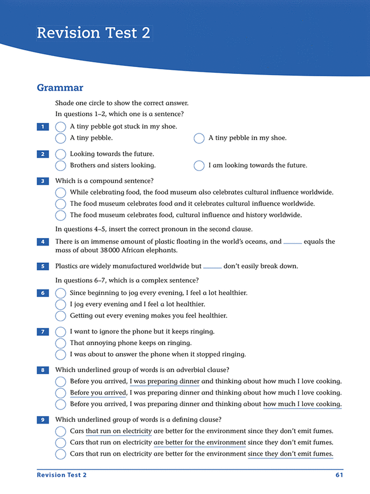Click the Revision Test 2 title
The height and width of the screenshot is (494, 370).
(93, 33)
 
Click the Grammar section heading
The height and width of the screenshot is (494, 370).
(60, 88)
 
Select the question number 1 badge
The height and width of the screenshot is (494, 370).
(42, 127)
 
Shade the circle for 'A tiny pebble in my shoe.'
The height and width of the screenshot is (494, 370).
(199, 138)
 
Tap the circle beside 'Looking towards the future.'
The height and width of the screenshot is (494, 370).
(60, 154)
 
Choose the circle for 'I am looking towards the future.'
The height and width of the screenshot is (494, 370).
(199, 166)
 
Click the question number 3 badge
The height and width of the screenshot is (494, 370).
(42, 181)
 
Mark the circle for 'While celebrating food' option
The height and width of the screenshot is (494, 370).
(60, 192)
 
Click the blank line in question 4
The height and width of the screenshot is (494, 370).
(293, 243)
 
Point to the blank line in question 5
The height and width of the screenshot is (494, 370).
(212, 267)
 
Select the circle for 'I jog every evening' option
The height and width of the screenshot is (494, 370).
(60, 304)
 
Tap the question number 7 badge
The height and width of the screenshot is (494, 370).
(42, 332)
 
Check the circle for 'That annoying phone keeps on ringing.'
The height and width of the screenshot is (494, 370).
(60, 343)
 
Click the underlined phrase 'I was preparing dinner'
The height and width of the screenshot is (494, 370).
(164, 381)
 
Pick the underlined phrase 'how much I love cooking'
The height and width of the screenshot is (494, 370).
(302, 404)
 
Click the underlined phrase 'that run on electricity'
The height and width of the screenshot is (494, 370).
(119, 431)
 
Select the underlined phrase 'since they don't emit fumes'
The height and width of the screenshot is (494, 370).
(290, 454)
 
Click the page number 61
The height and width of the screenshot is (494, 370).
(339, 475)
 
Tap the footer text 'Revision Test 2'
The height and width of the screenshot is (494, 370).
(61, 475)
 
